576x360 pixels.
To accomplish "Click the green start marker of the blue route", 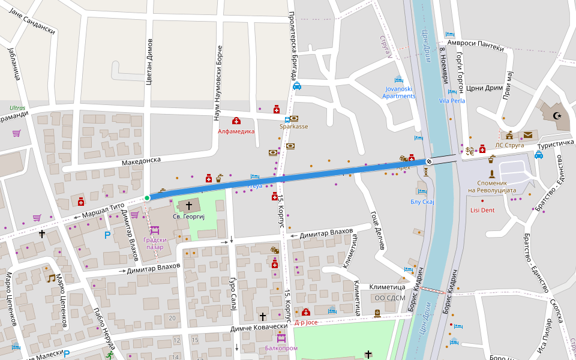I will pyautogui.click(x=147, y=197).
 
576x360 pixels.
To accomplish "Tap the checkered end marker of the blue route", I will pyautogui.click(x=429, y=161).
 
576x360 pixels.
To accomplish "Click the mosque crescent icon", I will pyautogui.click(x=557, y=115).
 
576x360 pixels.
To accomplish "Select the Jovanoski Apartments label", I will pyautogui.click(x=399, y=92).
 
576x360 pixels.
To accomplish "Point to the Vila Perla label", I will pyautogui.click(x=452, y=101).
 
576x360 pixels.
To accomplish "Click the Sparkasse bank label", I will pyautogui.click(x=293, y=127).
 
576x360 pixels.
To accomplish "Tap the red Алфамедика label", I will pyautogui.click(x=236, y=131).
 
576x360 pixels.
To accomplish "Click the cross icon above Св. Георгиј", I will pyautogui.click(x=189, y=206).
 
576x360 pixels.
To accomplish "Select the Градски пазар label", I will pyautogui.click(x=154, y=243).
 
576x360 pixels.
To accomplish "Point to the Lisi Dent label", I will pyautogui.click(x=482, y=210).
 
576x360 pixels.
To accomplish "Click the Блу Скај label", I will pyautogui.click(x=422, y=202).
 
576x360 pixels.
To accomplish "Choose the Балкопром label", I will pyautogui.click(x=281, y=347).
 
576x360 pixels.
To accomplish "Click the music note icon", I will pyautogui.click(x=51, y=278).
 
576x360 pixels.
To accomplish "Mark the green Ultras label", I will pyautogui.click(x=18, y=109).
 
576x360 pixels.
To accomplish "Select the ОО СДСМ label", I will pyautogui.click(x=389, y=298).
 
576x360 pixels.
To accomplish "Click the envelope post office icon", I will pyautogui.click(x=527, y=135).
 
